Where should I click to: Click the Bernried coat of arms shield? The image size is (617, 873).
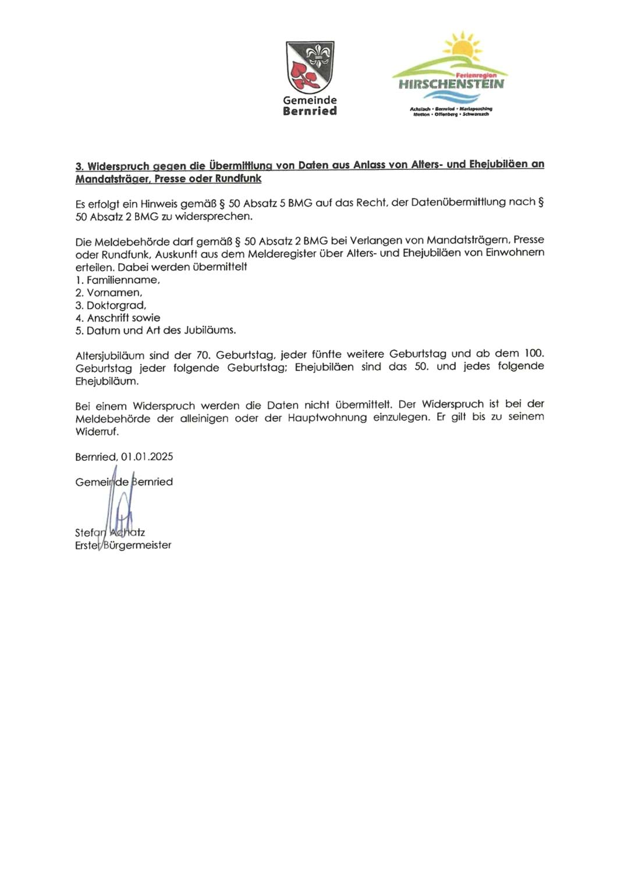pos(310,66)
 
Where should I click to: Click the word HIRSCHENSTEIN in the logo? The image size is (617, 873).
pos(451,84)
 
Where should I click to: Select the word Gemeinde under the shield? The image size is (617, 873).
pos(310,100)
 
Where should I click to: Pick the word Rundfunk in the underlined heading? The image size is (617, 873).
pos(238,179)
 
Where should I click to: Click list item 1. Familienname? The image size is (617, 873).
pos(118,280)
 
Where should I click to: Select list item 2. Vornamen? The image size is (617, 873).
pos(109,293)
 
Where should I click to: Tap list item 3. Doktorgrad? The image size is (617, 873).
pos(111,306)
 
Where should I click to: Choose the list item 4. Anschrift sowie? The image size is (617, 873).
pos(118,318)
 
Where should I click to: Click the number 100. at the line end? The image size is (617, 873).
pos(533,353)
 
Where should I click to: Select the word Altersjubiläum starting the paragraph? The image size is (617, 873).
pos(109,355)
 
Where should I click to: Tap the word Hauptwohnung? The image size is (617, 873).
pos(327,418)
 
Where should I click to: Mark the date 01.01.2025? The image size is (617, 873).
pos(147,457)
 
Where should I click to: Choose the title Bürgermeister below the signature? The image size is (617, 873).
pos(137,545)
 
